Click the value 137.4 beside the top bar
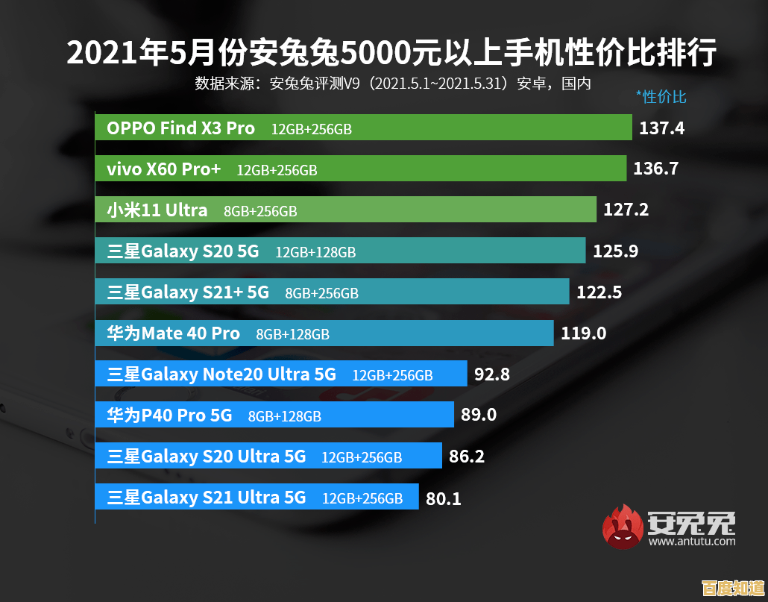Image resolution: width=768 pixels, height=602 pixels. point(661,128)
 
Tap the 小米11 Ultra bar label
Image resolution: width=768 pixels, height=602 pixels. point(157,210)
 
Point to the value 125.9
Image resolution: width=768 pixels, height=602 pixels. point(615,251)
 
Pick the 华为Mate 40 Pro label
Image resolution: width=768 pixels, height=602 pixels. point(174,333)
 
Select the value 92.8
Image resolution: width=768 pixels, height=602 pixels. point(492,374)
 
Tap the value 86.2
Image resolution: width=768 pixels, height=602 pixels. point(467,456)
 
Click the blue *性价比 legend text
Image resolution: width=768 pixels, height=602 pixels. point(661,96)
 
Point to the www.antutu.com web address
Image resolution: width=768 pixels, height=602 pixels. point(692,542)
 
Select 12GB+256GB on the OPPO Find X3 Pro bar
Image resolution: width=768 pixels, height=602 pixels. point(311,130)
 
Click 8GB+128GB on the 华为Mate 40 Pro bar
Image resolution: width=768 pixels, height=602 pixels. point(292,335)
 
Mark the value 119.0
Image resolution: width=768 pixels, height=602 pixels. point(583,333)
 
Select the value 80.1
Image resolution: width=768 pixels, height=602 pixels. point(443,498)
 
